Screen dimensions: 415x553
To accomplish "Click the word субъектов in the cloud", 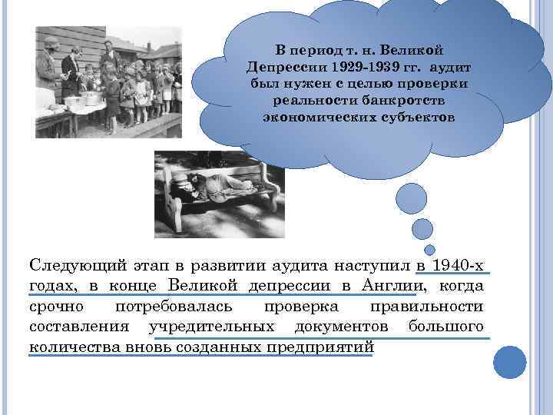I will click(x=415, y=118).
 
